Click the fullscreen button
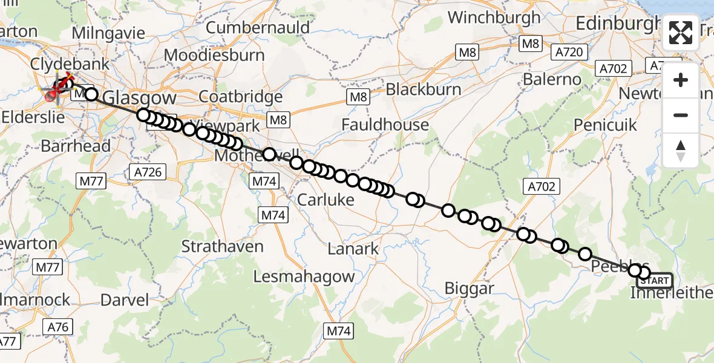tap(681, 33)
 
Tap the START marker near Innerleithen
tap(655, 281)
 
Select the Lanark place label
tap(353, 248)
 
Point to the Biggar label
tap(469, 289)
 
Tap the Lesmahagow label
tap(304, 277)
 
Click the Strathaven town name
tap(223, 247)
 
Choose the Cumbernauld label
tap(258, 27)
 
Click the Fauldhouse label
tap(385, 125)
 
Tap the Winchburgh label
tap(495, 18)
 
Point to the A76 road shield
tap(59, 327)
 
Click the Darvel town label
tap(125, 299)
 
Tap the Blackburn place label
tap(424, 89)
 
